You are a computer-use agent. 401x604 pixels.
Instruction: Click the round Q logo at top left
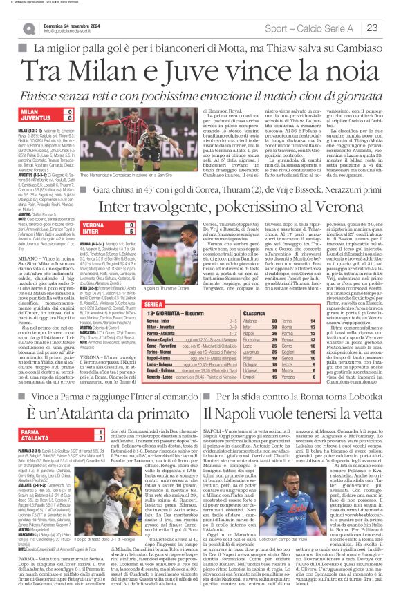[x=28, y=28]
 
